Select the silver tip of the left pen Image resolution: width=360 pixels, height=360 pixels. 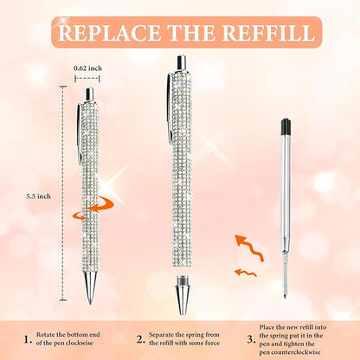tap(89, 290)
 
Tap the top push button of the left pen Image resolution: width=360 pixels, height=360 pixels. tap(87, 93)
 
